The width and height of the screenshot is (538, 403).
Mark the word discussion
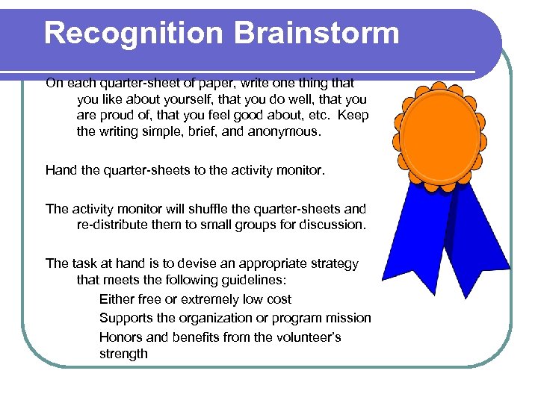click(x=333, y=225)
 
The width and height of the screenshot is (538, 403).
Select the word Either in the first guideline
click(x=117, y=299)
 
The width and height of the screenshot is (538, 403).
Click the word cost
click(x=276, y=299)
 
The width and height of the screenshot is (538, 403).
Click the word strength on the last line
click(x=123, y=354)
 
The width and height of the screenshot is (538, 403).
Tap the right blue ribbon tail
click(x=478, y=239)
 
